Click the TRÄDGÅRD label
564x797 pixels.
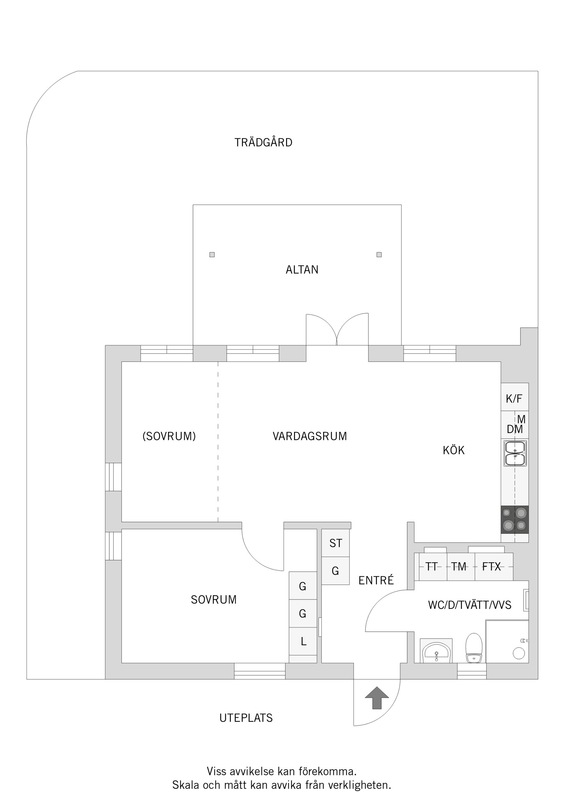[263, 143]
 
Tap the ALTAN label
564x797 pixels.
[302, 270]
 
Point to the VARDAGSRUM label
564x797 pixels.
[310, 436]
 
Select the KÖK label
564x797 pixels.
[454, 450]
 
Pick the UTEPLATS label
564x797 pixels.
[246, 718]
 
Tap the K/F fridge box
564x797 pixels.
[514, 398]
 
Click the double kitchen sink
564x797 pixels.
[515, 453]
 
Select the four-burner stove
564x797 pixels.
[515, 519]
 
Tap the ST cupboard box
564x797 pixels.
[336, 543]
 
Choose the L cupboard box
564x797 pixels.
[303, 641]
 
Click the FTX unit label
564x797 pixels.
[491, 567]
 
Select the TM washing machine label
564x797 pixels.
[459, 567]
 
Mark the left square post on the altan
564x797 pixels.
[212, 255]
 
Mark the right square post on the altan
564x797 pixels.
[379, 255]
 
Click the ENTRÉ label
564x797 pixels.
[376, 580]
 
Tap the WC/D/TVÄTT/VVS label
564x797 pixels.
[469, 605]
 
